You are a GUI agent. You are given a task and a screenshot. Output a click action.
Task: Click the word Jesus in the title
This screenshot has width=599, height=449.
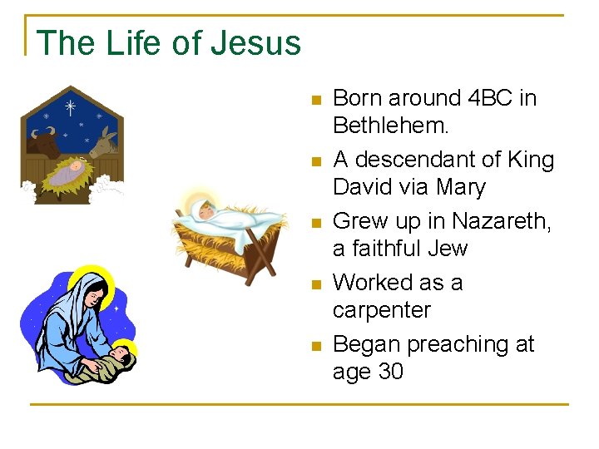255,42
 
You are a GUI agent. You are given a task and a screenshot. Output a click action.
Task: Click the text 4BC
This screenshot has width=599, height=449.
482,98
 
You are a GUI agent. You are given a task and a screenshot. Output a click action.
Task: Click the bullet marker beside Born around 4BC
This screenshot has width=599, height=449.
314,100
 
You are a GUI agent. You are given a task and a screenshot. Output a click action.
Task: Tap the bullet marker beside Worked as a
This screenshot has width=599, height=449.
314,284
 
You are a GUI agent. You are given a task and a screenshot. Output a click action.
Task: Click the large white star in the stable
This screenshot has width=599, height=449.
71,107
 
